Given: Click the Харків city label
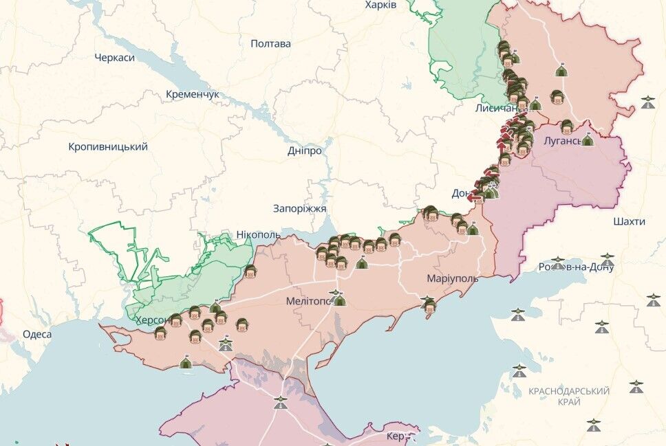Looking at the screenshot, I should coord(380,5).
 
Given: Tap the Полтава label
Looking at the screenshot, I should coord(270,43).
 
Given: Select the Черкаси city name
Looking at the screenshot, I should coord(114,57).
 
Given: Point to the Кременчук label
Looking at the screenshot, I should coord(193,93).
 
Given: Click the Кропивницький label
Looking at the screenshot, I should coord(108,146).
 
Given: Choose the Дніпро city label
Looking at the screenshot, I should coord(304,150).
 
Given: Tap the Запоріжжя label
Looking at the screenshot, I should coord(299,208).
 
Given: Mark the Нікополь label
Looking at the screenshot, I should coord(258,234).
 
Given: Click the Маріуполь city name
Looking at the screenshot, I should coord(452,278).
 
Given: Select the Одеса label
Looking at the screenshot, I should coord(37,334).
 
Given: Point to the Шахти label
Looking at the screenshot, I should coord(629,221).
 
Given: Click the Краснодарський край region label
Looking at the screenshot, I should coord(569,397).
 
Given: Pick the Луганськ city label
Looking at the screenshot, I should coord(562,140).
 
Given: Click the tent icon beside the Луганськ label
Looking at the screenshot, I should coord(588,140).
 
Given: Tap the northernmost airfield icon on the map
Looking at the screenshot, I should coord(647,103).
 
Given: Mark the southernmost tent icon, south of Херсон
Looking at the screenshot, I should coord(185,361).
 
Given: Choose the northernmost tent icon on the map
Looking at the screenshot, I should coord(561,70).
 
